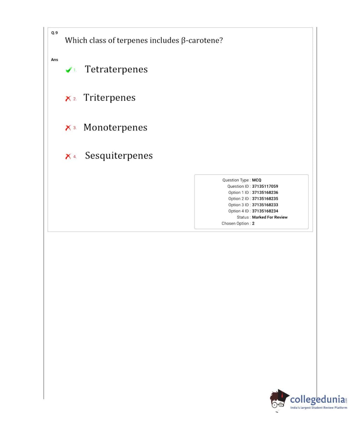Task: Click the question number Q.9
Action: click(x=54, y=33)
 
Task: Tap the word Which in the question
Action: click(x=76, y=40)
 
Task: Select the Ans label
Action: click(x=54, y=60)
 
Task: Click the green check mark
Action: click(x=68, y=70)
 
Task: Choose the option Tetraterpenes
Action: click(x=116, y=69)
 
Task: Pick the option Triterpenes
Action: click(x=110, y=98)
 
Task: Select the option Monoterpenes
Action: click(x=116, y=127)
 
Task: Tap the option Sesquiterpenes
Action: click(x=119, y=155)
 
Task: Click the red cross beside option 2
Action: click(x=68, y=99)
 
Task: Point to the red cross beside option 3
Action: click(x=68, y=128)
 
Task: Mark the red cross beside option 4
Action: click(x=68, y=156)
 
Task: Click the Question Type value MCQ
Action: click(x=257, y=180)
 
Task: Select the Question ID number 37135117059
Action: click(x=265, y=186)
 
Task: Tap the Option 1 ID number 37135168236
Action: click(x=265, y=193)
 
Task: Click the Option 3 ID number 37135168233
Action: click(x=265, y=205)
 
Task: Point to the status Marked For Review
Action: click(x=270, y=217)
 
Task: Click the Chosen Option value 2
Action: click(x=253, y=224)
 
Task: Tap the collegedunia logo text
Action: click(x=318, y=400)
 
